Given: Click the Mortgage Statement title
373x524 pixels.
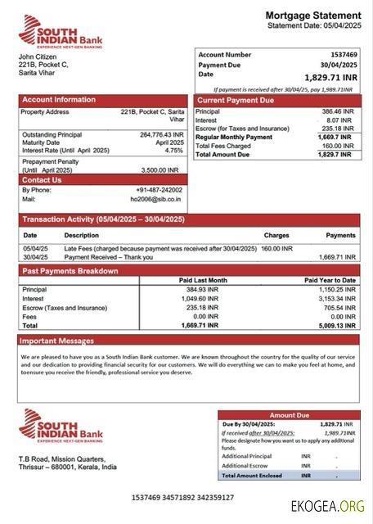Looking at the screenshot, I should click(312, 16).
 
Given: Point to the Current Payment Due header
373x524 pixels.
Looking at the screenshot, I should click(235, 100).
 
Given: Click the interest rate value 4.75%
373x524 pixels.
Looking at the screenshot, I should click(173, 151).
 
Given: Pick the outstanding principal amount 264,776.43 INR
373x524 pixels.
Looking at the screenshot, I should click(162, 134).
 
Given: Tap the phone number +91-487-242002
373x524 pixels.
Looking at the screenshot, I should click(158, 190).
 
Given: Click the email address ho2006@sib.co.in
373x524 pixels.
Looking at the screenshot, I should click(156, 199).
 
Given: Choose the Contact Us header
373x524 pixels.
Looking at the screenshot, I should click(42, 179).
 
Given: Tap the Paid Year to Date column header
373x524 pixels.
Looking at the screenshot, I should click(330, 280).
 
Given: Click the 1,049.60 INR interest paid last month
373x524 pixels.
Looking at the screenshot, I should click(200, 299).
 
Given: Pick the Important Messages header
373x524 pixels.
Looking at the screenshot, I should click(56, 341).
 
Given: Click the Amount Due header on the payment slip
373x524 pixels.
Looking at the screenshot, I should click(288, 415).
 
